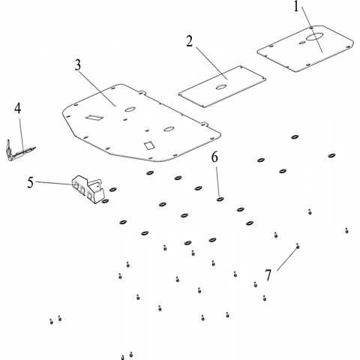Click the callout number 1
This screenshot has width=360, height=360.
296,7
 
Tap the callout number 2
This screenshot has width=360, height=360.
190,41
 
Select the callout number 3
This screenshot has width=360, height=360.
78,65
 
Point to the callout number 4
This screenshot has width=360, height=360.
17,109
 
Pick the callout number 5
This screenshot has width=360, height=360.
30,182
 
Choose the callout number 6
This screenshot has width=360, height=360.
214,157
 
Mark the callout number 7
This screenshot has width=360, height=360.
268,275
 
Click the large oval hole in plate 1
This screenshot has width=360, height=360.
315,37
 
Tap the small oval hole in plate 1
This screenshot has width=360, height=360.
302,42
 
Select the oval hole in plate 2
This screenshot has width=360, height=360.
221,87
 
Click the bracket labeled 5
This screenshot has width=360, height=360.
88,189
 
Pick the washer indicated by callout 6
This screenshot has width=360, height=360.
220,199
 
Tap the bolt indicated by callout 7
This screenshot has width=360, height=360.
298,246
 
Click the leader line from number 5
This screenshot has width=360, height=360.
54,183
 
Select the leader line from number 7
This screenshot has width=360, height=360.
287,259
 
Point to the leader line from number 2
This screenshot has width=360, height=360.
211,63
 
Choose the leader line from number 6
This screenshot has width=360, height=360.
217,181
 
